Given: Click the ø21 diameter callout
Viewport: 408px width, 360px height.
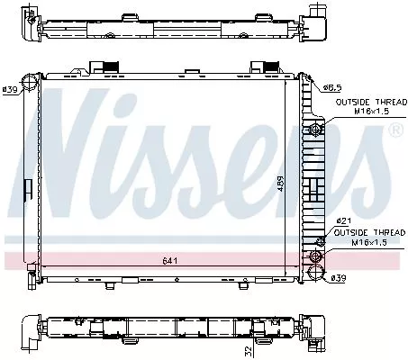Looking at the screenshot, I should (x=344, y=220).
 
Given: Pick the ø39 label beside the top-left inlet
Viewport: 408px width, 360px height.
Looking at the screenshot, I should (x=12, y=89).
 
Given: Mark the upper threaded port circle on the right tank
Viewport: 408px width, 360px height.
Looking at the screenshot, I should (x=315, y=131).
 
